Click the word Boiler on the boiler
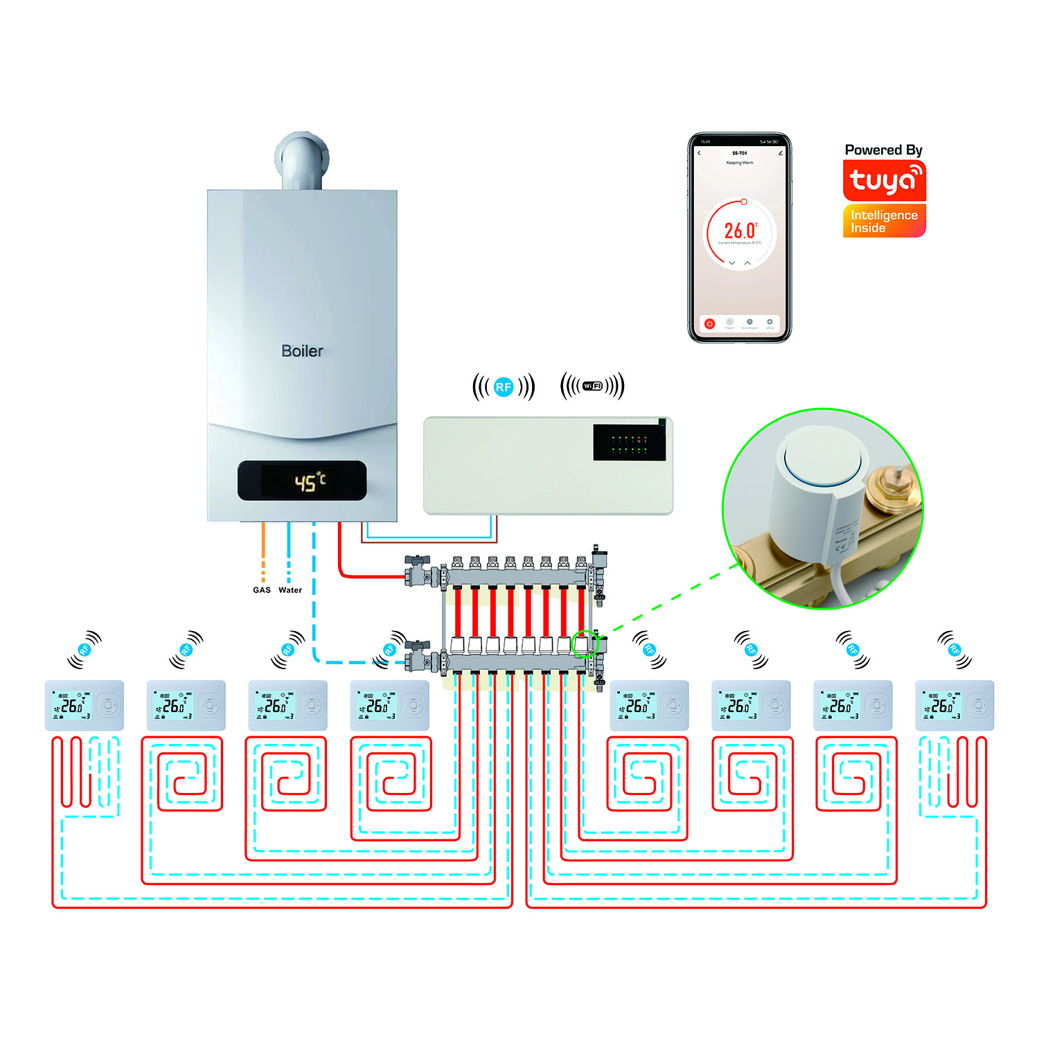pyautogui.click(x=302, y=351)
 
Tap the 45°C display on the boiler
pyautogui.click(x=309, y=481)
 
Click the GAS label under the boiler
pyautogui.click(x=262, y=590)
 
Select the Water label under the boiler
pyautogui.click(x=290, y=590)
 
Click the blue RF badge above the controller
pyautogui.click(x=504, y=387)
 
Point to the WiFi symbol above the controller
pyautogui.click(x=592, y=387)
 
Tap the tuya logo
pyautogui.click(x=885, y=181)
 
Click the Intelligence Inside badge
pyautogui.click(x=885, y=221)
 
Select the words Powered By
pyautogui.click(x=883, y=150)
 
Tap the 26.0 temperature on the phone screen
pyautogui.click(x=740, y=231)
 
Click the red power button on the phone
pyautogui.click(x=709, y=323)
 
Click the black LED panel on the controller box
pyautogui.click(x=629, y=443)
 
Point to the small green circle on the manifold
pyautogui.click(x=584, y=644)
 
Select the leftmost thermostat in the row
pyautogui.click(x=85, y=705)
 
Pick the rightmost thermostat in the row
pyautogui.click(x=954, y=705)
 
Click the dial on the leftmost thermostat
pyautogui.click(x=107, y=706)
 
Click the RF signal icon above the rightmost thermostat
pyautogui.click(x=954, y=649)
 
